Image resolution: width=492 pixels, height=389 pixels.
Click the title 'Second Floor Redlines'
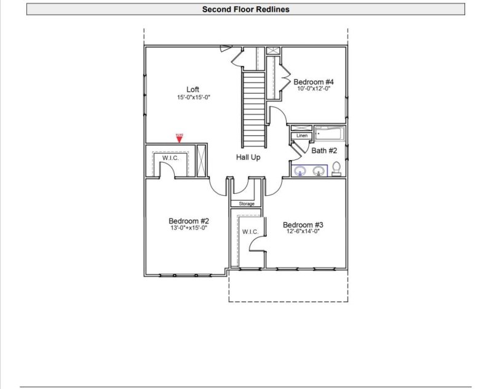coord(245,9)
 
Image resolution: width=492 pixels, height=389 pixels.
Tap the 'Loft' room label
coord(192,89)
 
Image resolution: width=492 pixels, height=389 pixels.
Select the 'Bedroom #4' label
coord(314,82)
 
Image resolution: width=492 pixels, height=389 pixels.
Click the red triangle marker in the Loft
coord(180,138)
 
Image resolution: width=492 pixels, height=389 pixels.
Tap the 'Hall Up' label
coord(248,158)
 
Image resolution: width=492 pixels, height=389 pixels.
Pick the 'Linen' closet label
coord(301,135)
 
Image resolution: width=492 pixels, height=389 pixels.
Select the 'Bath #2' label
coord(324,150)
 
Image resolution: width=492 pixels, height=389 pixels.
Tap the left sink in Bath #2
coord(301,170)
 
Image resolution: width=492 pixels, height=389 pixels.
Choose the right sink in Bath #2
coord(319,170)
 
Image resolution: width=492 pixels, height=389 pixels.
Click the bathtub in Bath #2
coord(330,134)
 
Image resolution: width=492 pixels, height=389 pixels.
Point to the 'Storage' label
coord(246,204)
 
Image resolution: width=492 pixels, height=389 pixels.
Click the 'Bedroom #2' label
coord(189,221)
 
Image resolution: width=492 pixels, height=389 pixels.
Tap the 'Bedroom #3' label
coord(303,225)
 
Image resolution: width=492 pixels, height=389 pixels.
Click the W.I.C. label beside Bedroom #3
coord(250,231)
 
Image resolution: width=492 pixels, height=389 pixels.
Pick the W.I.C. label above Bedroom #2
coord(170,158)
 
